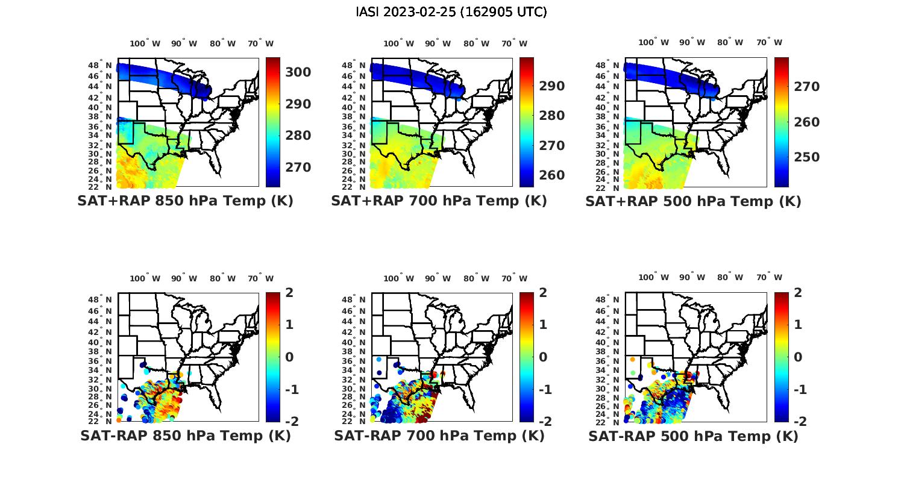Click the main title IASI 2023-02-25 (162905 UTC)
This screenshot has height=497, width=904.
[x=451, y=12]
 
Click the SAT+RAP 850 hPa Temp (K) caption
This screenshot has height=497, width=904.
[x=185, y=201]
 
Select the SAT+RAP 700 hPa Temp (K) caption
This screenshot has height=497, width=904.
[x=439, y=201]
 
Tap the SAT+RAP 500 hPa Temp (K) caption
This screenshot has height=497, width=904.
[x=693, y=201]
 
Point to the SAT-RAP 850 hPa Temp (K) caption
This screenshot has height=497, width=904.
[x=185, y=436]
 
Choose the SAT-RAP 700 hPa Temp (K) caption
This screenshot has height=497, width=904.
[x=439, y=436]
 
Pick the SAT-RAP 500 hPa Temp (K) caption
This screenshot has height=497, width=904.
[x=693, y=436]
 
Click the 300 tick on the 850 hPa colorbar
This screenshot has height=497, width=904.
[x=298, y=72]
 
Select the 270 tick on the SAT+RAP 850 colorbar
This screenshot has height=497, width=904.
[x=298, y=167]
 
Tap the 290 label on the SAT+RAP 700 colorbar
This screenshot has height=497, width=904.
[x=551, y=86]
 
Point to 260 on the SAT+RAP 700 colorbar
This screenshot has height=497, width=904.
[x=551, y=175]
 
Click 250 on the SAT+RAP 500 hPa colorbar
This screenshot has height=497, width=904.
[x=806, y=157]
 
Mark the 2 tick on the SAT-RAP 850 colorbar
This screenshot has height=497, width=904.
[x=289, y=293]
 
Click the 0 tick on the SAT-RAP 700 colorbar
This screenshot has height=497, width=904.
[x=543, y=357]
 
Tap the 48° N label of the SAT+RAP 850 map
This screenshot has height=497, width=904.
[x=100, y=65]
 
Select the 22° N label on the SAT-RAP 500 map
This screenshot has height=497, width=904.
[x=608, y=421]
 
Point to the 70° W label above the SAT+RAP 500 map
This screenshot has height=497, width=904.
[x=769, y=43]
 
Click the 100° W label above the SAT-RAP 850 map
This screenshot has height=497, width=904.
[x=145, y=278]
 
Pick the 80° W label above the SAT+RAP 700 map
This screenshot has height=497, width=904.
[x=473, y=43]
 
